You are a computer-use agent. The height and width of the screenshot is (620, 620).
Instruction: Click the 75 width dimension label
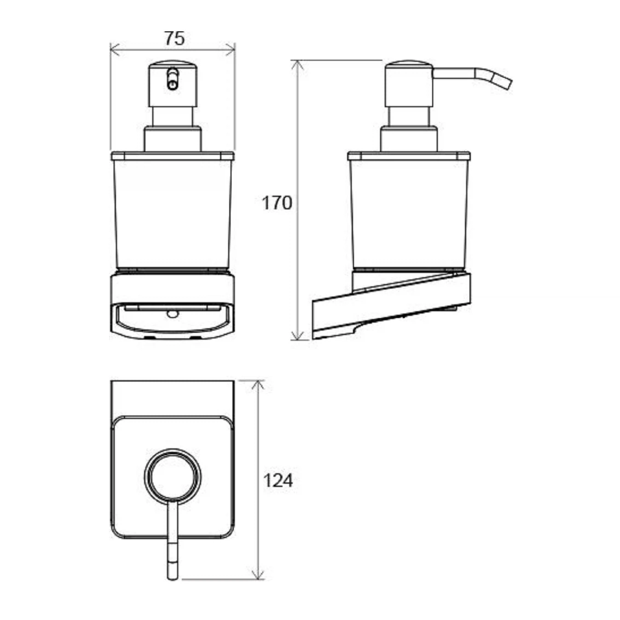point(175,38)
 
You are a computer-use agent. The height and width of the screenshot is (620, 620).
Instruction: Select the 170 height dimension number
point(277,203)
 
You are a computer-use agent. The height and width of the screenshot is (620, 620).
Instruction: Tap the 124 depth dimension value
point(278,490)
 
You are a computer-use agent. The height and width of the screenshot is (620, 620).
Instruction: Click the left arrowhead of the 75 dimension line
point(115,50)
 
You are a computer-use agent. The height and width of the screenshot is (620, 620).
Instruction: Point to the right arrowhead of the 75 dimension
point(231,50)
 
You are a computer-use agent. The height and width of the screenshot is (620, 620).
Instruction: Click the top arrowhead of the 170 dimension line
point(298,66)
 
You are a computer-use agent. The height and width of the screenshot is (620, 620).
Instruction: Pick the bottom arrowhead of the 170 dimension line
point(298,335)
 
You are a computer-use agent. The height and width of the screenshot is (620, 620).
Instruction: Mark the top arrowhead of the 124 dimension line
point(258,385)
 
